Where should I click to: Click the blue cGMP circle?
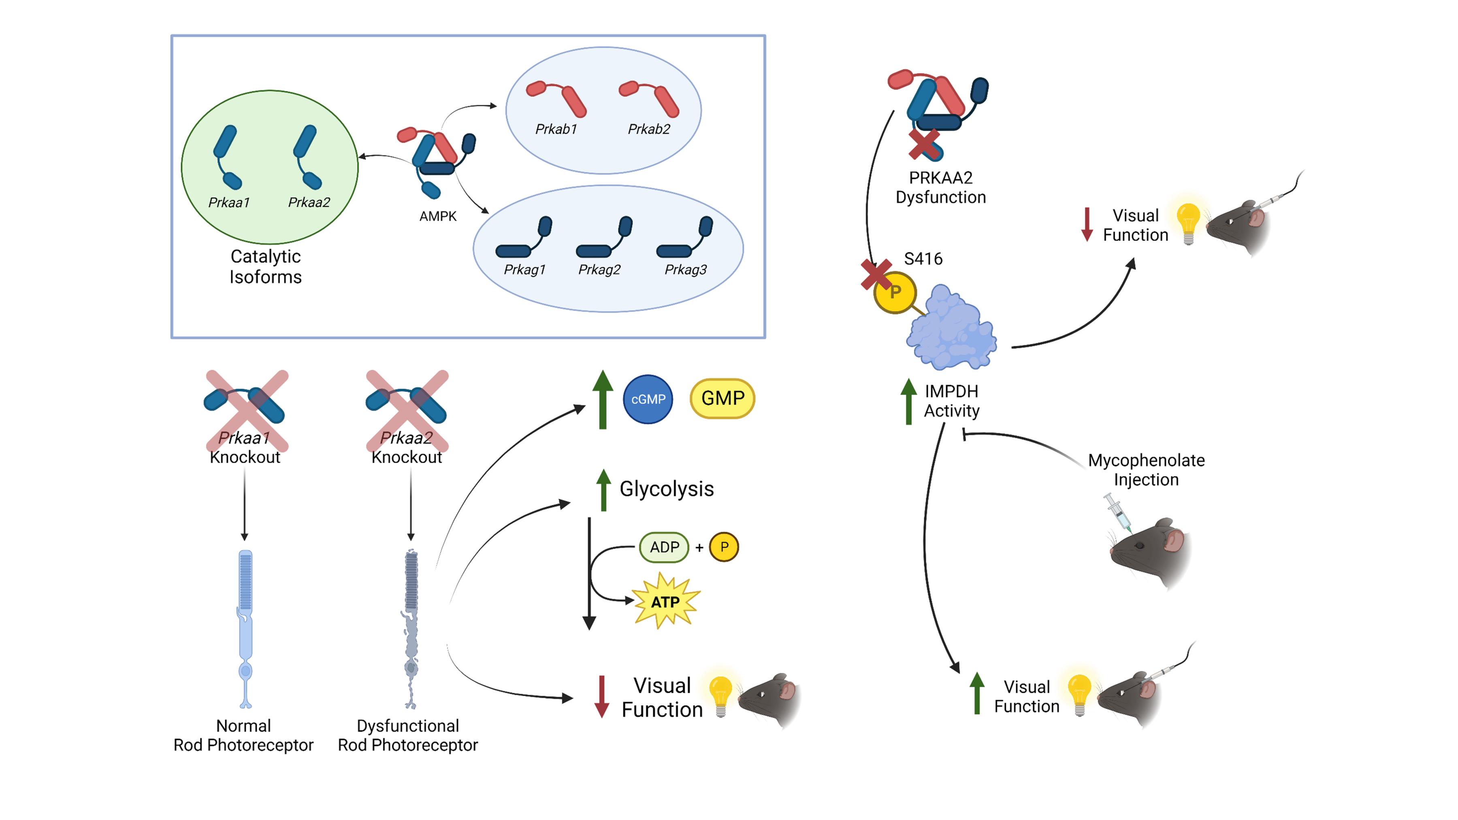tap(648, 399)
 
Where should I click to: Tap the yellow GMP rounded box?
tap(722, 398)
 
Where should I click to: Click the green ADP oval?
tap(664, 547)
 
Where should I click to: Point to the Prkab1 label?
tap(556, 130)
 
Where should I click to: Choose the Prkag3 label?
tap(685, 270)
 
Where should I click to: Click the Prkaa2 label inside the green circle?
tap(309, 202)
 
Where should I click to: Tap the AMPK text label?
tap(437, 216)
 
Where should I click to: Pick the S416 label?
tap(923, 259)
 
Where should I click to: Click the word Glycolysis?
tap(666, 489)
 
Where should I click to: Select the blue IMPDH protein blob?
tap(951, 328)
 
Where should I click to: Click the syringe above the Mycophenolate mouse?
tap(1117, 512)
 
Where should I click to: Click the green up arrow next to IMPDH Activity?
tap(908, 401)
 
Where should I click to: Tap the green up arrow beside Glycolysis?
tap(603, 490)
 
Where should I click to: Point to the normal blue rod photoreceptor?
tap(245, 628)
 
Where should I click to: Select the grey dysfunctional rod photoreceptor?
tap(411, 628)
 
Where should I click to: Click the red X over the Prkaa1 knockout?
tap(246, 410)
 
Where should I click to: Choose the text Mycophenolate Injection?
tap(1146, 470)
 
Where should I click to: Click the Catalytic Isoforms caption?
tap(265, 266)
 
